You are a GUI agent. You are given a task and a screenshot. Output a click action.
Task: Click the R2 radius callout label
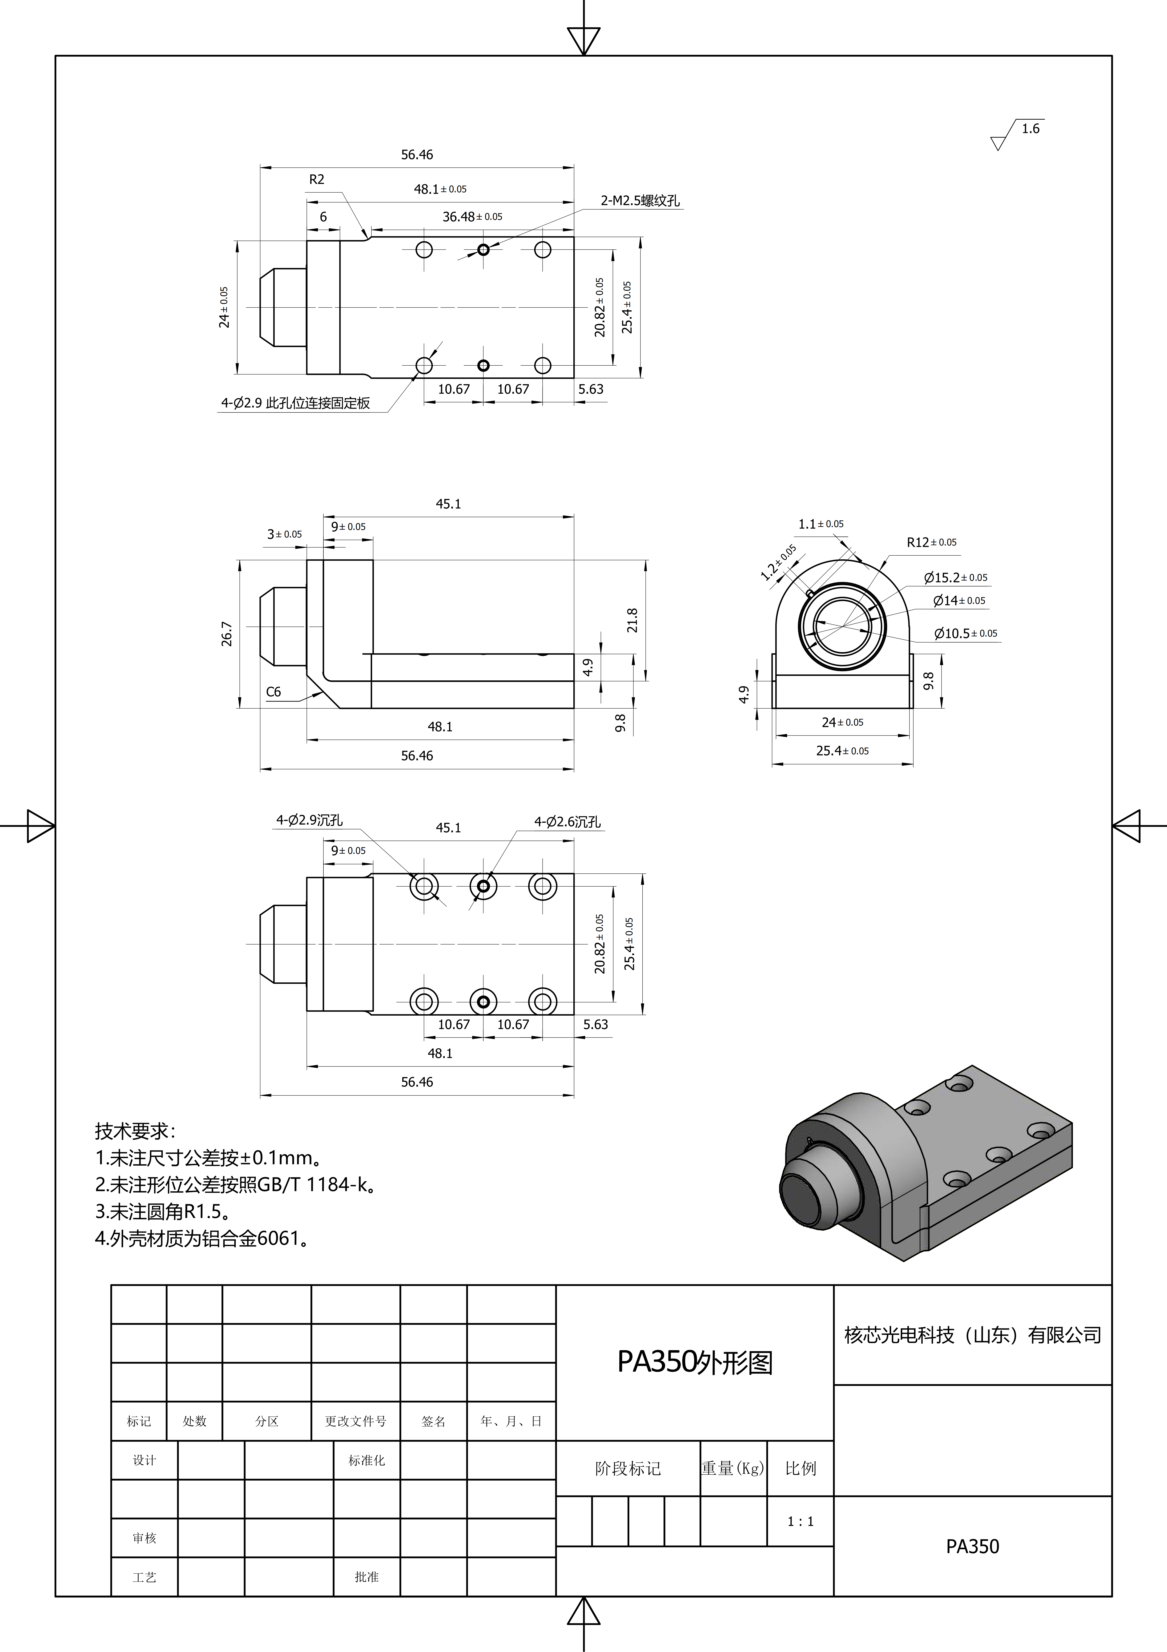click(317, 179)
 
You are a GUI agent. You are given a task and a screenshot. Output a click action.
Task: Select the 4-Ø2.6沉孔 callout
click(567, 822)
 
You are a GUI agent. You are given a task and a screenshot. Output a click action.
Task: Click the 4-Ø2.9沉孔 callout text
click(309, 820)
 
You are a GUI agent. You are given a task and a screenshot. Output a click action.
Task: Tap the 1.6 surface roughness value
click(1030, 129)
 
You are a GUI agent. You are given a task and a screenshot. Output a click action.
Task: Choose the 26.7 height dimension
click(227, 634)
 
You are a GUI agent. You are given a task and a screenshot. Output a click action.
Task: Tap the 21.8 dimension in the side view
click(632, 620)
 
